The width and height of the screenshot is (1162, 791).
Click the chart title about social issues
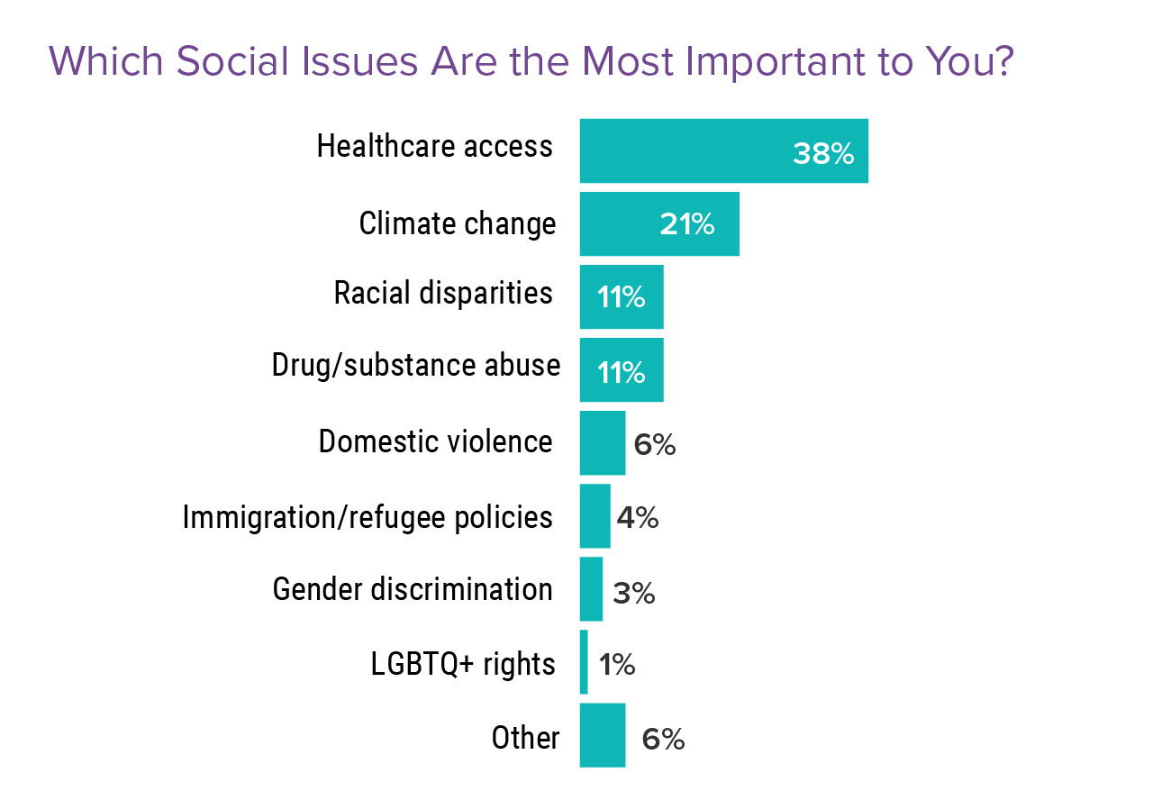[x=531, y=61]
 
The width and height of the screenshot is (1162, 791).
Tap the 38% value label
[x=822, y=154]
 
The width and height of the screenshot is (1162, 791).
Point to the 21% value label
[x=686, y=224]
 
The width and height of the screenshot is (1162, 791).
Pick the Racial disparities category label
[x=443, y=293]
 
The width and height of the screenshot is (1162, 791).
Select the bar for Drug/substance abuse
[x=621, y=370]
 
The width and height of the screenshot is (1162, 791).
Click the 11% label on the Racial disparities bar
[x=621, y=297]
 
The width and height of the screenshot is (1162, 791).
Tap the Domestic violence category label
[x=435, y=441]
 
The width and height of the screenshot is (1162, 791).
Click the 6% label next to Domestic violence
[x=655, y=444]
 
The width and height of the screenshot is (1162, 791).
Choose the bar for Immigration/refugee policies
[x=595, y=516]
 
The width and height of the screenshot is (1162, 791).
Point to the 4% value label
[x=638, y=518]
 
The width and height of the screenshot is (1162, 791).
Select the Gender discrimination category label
[x=413, y=589]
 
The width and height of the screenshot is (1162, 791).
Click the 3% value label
[x=633, y=593]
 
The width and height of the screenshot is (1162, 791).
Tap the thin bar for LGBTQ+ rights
[x=584, y=662]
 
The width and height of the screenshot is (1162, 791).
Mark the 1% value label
[x=616, y=665]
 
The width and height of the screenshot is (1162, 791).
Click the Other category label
[x=525, y=738]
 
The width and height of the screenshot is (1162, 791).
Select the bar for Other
[x=602, y=735]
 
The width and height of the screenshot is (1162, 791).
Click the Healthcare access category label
[x=434, y=146]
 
